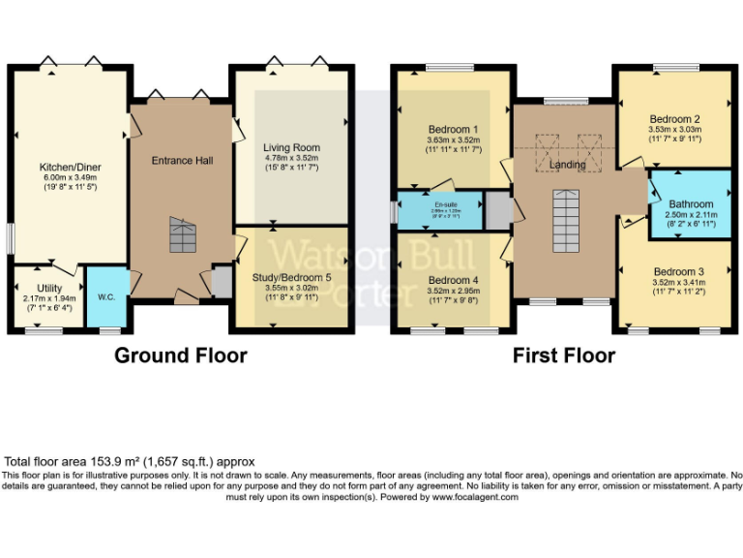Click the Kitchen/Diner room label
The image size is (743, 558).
pos(70,168)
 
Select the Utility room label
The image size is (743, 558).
pos(49,289)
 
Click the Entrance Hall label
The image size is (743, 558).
pos(182,160)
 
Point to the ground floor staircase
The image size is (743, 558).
pos(182,234)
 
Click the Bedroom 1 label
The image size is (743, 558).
pos(454,129)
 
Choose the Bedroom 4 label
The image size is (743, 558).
pos(454,281)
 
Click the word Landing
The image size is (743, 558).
pos(567,165)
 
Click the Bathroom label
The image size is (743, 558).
pos(691,204)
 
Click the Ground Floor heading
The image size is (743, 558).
pos(181,356)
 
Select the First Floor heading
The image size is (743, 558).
pos(564,356)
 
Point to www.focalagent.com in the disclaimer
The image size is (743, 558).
pos(475,496)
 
